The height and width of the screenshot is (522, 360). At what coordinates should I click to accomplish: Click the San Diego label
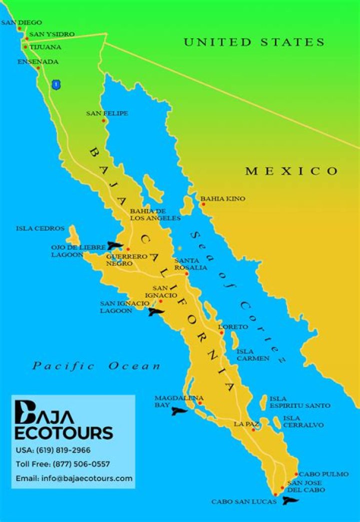click(21, 22)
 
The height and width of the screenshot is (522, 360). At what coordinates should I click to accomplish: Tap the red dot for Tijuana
click(25, 47)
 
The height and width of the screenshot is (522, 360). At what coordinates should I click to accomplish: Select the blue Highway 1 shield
click(56, 84)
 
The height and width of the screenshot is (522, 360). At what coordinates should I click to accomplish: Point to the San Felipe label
click(107, 113)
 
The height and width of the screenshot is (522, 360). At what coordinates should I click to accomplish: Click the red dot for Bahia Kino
click(203, 204)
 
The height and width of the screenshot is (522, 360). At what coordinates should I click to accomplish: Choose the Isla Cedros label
click(40, 228)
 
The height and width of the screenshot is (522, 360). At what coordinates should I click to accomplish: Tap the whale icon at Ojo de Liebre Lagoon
click(115, 245)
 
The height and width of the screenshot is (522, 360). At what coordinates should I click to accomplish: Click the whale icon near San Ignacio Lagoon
click(156, 313)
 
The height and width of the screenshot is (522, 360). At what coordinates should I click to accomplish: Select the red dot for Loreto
click(221, 332)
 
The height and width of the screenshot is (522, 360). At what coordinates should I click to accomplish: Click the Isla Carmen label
click(253, 355)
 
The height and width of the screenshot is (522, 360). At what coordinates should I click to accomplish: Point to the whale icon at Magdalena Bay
click(179, 411)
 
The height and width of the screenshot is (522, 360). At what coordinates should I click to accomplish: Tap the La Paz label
click(246, 424)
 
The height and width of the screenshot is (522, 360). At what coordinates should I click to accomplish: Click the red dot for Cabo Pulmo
click(296, 474)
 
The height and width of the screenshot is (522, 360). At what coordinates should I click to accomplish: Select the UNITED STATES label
click(254, 42)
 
